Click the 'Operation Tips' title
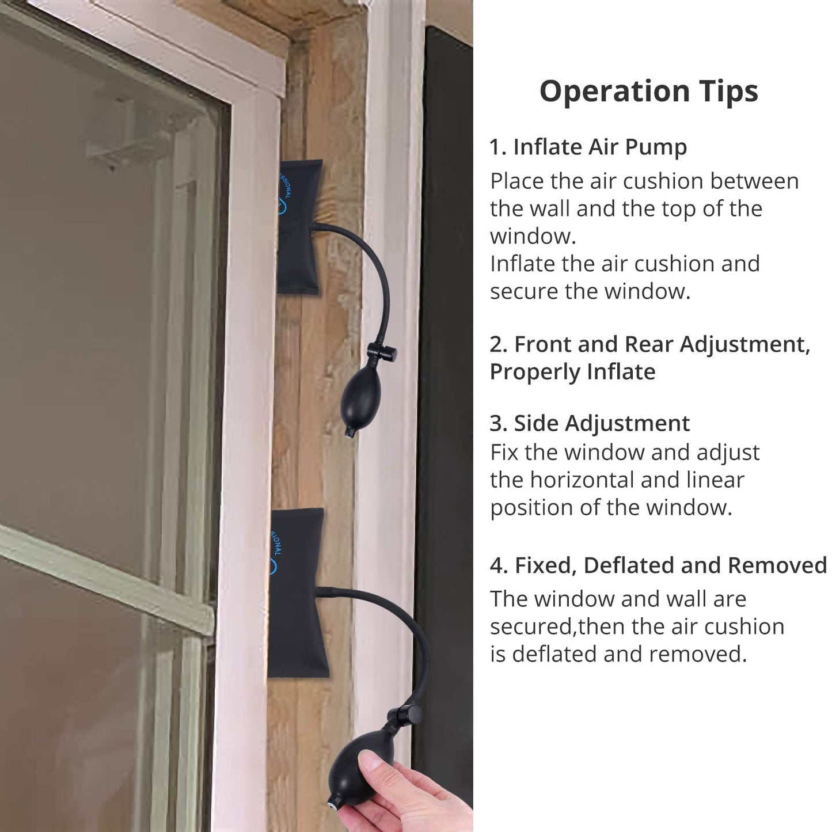(648, 91)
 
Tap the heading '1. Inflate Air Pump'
(588, 147)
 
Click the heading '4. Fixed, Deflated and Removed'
(658, 565)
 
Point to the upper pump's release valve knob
(382, 352)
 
